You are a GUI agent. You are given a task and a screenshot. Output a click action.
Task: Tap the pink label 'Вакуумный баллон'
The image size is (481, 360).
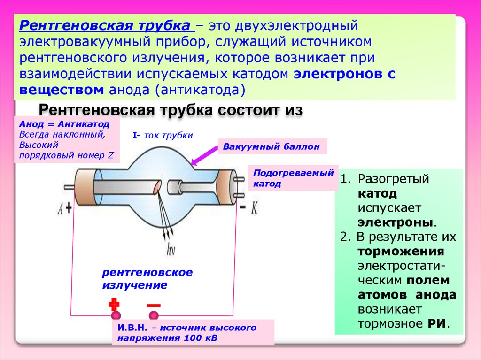271,146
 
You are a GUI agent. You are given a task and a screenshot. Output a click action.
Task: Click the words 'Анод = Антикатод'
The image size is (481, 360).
64,124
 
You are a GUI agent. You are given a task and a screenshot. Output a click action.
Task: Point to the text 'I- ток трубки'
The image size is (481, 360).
163,136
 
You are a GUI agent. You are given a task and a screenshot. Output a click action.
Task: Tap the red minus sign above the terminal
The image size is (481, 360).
153,305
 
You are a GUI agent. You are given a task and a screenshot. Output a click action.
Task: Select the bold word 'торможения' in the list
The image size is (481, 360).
401,251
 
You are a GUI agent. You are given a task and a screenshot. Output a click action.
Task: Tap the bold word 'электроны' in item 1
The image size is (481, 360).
394,222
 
